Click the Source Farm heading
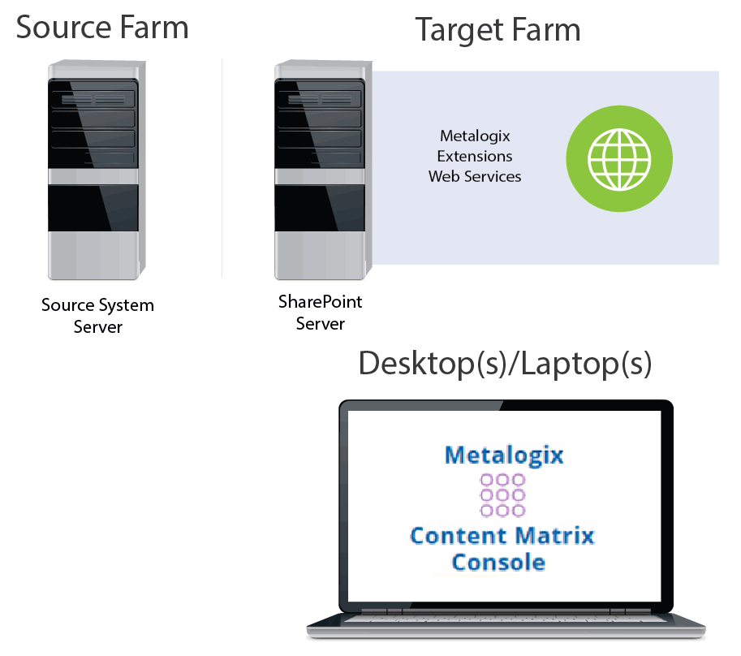point(102,27)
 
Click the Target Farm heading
point(498,30)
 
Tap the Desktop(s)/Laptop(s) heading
point(505,363)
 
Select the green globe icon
point(619,156)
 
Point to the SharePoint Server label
point(320,313)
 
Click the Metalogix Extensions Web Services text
point(475,156)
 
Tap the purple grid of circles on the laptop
point(503,494)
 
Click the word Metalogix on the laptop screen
point(503,455)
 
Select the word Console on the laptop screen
point(498,562)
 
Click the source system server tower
point(93,170)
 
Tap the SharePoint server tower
point(321,170)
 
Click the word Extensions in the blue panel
point(475,156)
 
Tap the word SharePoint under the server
point(320,302)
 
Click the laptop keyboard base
point(505,630)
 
